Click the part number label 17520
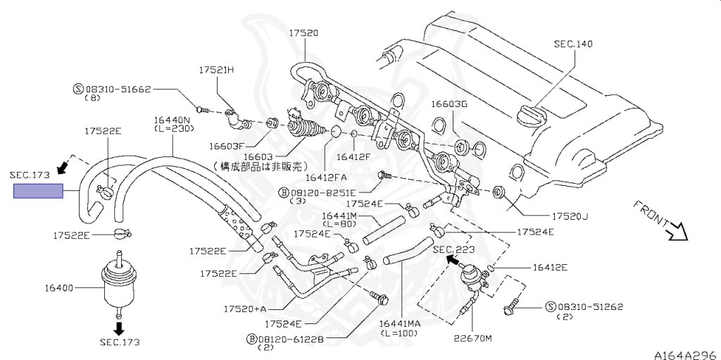(x=303, y=33)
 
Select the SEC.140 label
(x=572, y=44)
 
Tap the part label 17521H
(x=216, y=70)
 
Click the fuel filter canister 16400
(x=118, y=285)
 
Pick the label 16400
(x=59, y=287)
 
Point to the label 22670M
(x=474, y=337)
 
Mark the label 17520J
(x=570, y=216)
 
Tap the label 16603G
(x=449, y=104)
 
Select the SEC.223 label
(x=453, y=249)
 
